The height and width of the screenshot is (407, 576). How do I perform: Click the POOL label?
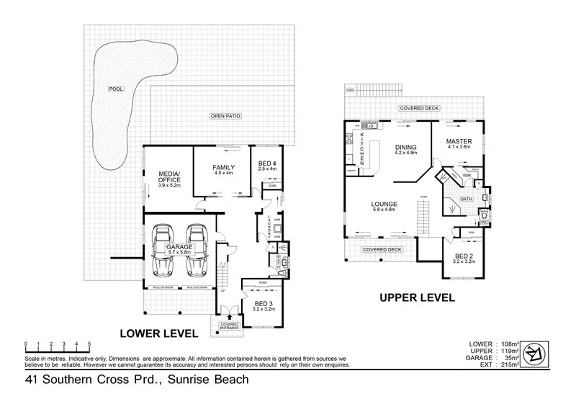(x=114, y=89)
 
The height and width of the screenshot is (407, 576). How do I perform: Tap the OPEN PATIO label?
(x=225, y=115)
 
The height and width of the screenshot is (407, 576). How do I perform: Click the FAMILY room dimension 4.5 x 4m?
(x=223, y=174)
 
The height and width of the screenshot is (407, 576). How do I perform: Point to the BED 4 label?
(x=267, y=164)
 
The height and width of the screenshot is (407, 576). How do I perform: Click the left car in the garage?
(x=163, y=251)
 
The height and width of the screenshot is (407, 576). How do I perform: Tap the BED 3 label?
(x=264, y=304)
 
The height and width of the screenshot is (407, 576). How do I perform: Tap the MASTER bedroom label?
(x=459, y=141)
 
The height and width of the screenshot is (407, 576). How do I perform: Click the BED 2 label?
(x=464, y=256)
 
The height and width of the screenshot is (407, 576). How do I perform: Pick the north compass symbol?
(x=534, y=353)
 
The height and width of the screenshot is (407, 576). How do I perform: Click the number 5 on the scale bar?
(x=89, y=344)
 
